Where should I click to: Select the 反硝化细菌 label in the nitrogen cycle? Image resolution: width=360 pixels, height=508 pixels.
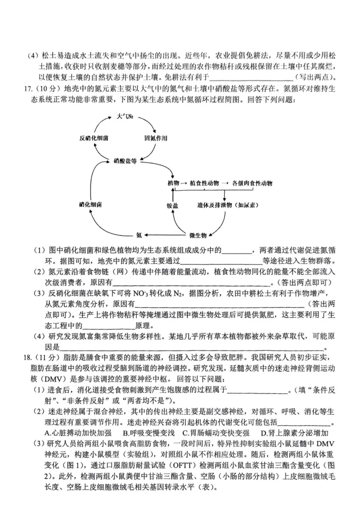click(x=94, y=138)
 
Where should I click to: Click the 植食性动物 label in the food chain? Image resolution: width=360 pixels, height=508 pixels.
click(x=205, y=184)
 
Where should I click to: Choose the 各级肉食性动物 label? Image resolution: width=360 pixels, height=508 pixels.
click(x=252, y=184)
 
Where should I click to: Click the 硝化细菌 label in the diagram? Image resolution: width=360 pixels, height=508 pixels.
click(x=90, y=205)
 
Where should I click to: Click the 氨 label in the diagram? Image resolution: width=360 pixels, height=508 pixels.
click(x=139, y=235)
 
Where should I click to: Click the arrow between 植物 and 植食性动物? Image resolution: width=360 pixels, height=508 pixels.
click(x=184, y=184)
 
